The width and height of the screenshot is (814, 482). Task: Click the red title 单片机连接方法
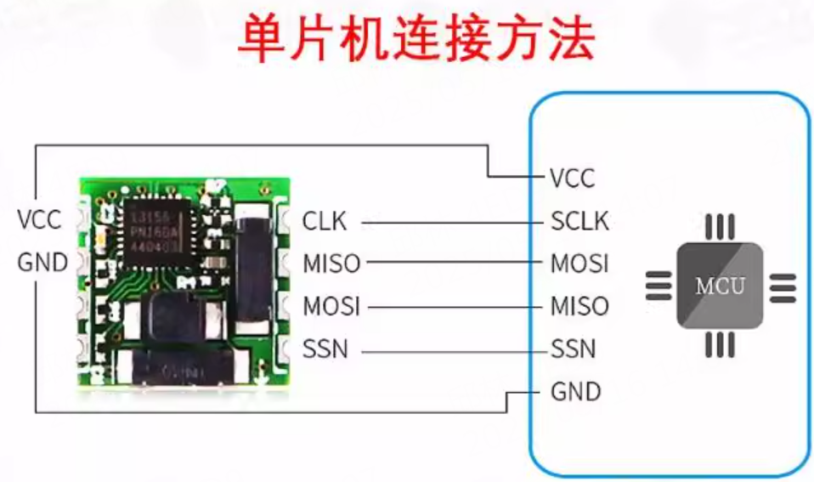pyautogui.click(x=415, y=39)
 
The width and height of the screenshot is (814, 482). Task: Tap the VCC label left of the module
pyautogui.click(x=40, y=219)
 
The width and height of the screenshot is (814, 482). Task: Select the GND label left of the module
pyautogui.click(x=42, y=264)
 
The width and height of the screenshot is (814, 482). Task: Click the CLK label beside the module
pyautogui.click(x=325, y=222)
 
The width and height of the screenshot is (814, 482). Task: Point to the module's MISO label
pyautogui.click(x=331, y=264)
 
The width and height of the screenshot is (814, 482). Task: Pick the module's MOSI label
pyautogui.click(x=331, y=306)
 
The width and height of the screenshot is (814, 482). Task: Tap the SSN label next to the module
pyautogui.click(x=325, y=349)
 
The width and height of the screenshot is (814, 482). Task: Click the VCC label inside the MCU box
pyautogui.click(x=573, y=179)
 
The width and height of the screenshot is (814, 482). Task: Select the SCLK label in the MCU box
pyautogui.click(x=580, y=222)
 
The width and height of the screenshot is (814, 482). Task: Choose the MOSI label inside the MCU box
pyautogui.click(x=580, y=264)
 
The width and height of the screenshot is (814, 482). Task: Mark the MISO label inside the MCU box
pyautogui.click(x=580, y=306)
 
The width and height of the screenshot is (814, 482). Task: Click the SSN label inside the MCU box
pyautogui.click(x=574, y=349)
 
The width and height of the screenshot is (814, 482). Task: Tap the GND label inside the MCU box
pyautogui.click(x=576, y=392)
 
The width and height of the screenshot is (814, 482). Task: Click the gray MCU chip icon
pyautogui.click(x=720, y=286)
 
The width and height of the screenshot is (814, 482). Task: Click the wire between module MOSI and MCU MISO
pyautogui.click(x=455, y=307)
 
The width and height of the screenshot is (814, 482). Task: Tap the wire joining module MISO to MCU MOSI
pyautogui.click(x=455, y=264)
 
